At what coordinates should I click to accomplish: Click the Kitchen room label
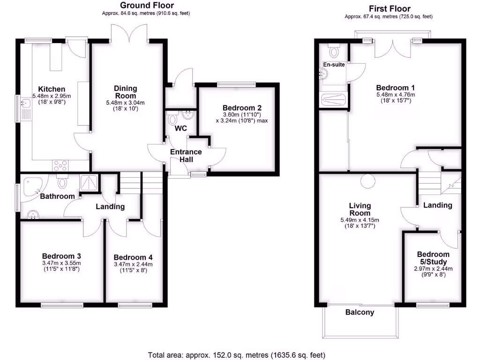click(52, 89)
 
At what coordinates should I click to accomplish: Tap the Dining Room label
click(126, 91)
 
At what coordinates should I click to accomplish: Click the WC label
click(181, 128)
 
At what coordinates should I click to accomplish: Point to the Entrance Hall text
click(186, 156)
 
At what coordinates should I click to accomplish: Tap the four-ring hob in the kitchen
click(61, 165)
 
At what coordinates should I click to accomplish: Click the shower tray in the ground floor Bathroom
click(89, 183)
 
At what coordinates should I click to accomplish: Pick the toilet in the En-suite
click(334, 51)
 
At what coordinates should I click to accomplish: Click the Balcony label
click(360, 312)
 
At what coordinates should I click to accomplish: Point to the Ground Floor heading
click(146, 6)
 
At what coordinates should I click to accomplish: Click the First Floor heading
click(389, 8)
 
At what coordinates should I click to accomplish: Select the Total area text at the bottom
click(236, 355)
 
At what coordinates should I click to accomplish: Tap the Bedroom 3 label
click(61, 256)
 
